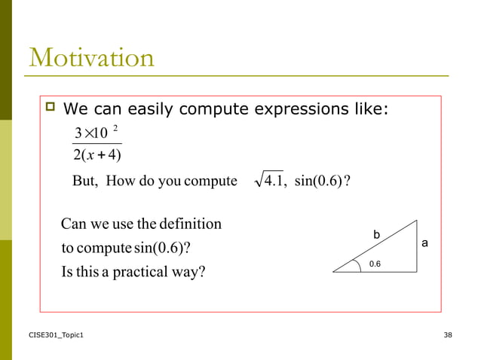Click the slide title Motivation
click(x=91, y=57)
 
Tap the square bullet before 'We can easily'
click(x=51, y=110)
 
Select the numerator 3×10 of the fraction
click(x=90, y=135)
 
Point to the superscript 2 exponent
click(x=115, y=129)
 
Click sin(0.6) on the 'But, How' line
click(x=320, y=182)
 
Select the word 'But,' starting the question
click(x=87, y=182)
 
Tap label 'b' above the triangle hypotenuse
click(x=377, y=236)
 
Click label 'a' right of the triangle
click(x=424, y=244)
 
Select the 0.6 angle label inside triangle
click(x=375, y=264)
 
